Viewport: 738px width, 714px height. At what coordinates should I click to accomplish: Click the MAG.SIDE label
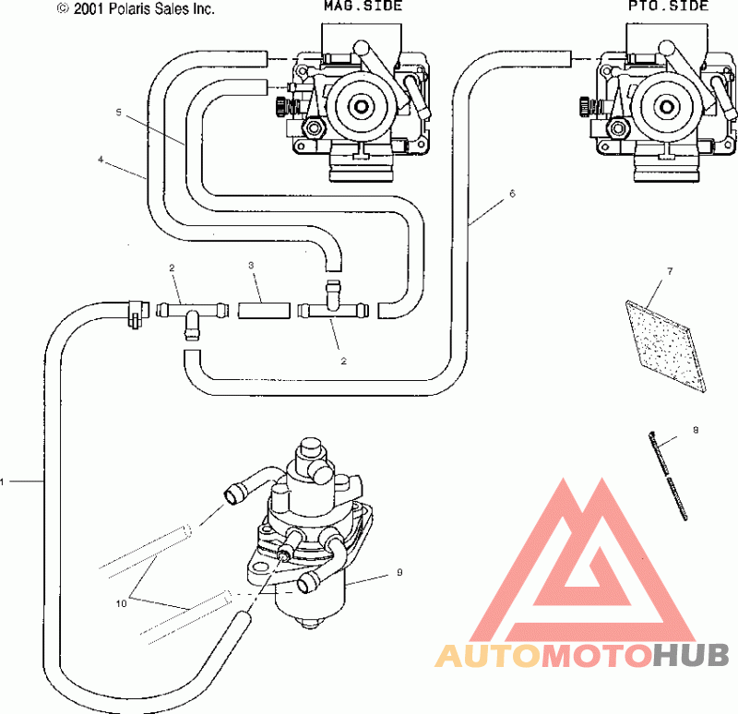point(363,6)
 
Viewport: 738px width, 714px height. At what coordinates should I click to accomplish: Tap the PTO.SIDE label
point(668,6)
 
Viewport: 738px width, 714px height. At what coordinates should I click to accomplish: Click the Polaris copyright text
point(136,8)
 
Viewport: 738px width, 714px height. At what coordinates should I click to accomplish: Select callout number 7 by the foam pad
point(671,271)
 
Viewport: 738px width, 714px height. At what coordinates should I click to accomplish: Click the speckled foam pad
point(666,346)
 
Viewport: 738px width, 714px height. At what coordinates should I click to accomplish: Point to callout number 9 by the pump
point(399,572)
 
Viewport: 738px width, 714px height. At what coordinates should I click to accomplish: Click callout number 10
point(121,603)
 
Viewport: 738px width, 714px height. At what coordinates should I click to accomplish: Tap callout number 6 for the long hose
point(513,194)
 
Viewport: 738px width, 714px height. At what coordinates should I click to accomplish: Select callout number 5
point(119,112)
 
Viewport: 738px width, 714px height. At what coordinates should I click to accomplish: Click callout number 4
point(101,160)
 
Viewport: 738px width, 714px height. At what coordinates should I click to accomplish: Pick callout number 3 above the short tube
point(251,266)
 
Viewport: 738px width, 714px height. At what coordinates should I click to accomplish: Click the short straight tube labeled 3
point(263,311)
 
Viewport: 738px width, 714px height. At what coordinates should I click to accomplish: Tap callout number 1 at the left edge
point(3,482)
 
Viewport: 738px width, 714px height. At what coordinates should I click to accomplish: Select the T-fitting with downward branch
point(191,315)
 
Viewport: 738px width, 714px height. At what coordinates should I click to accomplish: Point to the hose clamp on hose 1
point(136,313)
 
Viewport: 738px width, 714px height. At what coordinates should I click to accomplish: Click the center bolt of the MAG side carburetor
point(361,106)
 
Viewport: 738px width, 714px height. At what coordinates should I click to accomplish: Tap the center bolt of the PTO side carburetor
point(665,107)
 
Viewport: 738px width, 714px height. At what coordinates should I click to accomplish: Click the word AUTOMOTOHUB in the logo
point(582,656)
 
